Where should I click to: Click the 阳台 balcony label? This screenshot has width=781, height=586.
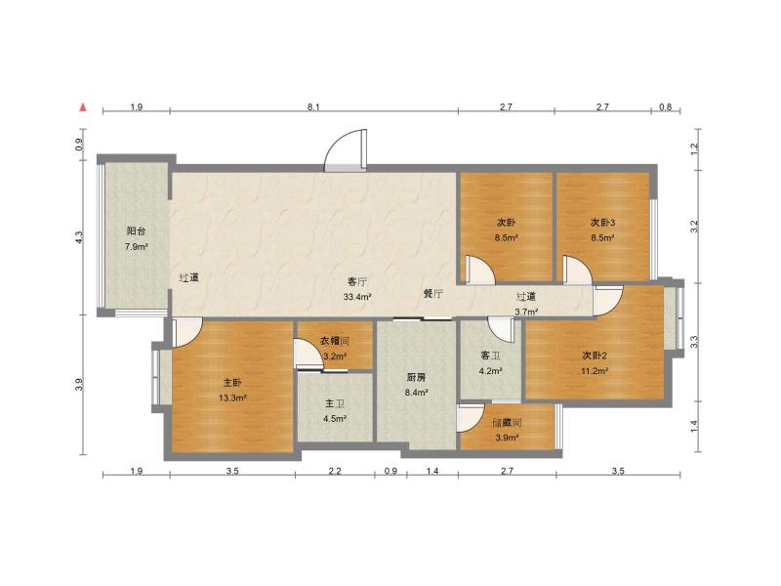pos(137,231)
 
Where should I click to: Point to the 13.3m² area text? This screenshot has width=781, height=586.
pos(232,398)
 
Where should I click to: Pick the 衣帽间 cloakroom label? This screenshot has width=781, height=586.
pos(335,341)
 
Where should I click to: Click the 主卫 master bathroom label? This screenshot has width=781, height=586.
pos(335,403)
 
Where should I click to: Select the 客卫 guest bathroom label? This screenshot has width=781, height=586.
pos(490,356)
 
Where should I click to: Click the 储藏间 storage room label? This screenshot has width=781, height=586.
pos(507,423)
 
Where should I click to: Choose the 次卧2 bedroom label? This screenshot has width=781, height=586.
pos(596,356)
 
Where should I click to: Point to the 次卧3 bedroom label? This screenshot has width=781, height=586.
pos(602,222)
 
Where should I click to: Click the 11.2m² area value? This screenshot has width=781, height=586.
pos(596,371)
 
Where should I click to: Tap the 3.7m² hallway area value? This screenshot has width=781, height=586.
pos(528,312)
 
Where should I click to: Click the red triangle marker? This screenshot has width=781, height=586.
pos(85,106)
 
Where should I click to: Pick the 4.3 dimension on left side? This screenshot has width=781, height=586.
pos(80,235)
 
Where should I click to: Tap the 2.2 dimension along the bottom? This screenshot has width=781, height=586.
pos(335,472)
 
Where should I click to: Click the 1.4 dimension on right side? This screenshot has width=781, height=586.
pos(694,426)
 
